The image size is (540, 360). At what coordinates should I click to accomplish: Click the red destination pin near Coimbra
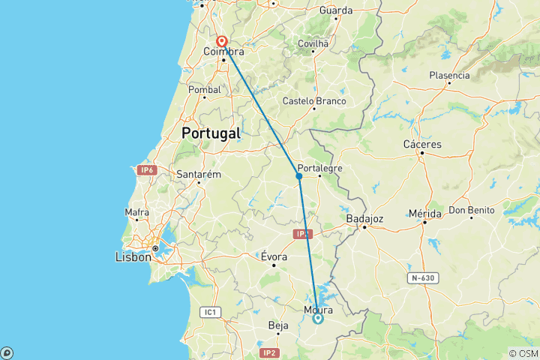coord(222,41)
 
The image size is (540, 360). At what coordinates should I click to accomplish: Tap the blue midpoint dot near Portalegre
coord(298,176)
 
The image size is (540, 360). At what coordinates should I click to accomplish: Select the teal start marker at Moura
coord(318,319)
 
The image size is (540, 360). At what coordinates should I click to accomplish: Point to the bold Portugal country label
coord(211,133)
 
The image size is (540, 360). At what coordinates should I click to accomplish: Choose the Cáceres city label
coord(422,144)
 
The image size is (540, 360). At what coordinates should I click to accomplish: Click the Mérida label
coord(424,214)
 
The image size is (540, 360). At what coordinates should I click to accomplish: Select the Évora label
coord(274,256)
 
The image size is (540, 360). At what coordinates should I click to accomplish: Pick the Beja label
coord(277,325)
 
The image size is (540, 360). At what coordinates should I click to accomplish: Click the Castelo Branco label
coord(314,100)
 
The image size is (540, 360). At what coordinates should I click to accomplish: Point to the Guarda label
coord(335,10)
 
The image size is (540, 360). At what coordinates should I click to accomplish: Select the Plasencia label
coord(449,75)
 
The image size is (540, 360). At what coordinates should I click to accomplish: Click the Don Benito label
coord(472,210)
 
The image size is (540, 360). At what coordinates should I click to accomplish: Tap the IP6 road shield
coord(145,170)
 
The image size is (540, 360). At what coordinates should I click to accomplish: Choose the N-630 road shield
coord(424,279)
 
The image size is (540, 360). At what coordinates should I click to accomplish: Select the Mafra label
coord(136,212)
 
